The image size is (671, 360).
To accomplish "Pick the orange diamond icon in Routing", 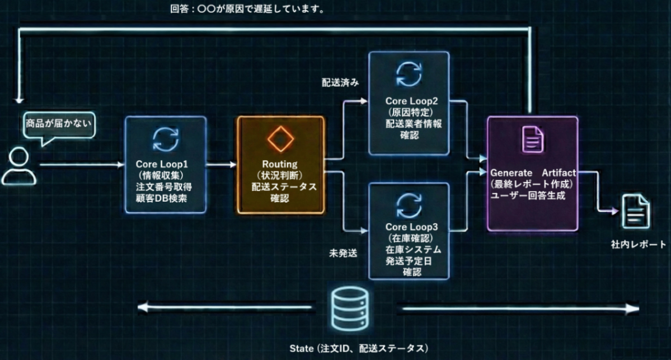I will point(280,138).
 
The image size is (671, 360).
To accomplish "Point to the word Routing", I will point(280,165).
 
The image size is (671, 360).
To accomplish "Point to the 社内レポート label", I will point(639,244).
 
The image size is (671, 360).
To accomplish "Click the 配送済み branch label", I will point(340,82).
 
